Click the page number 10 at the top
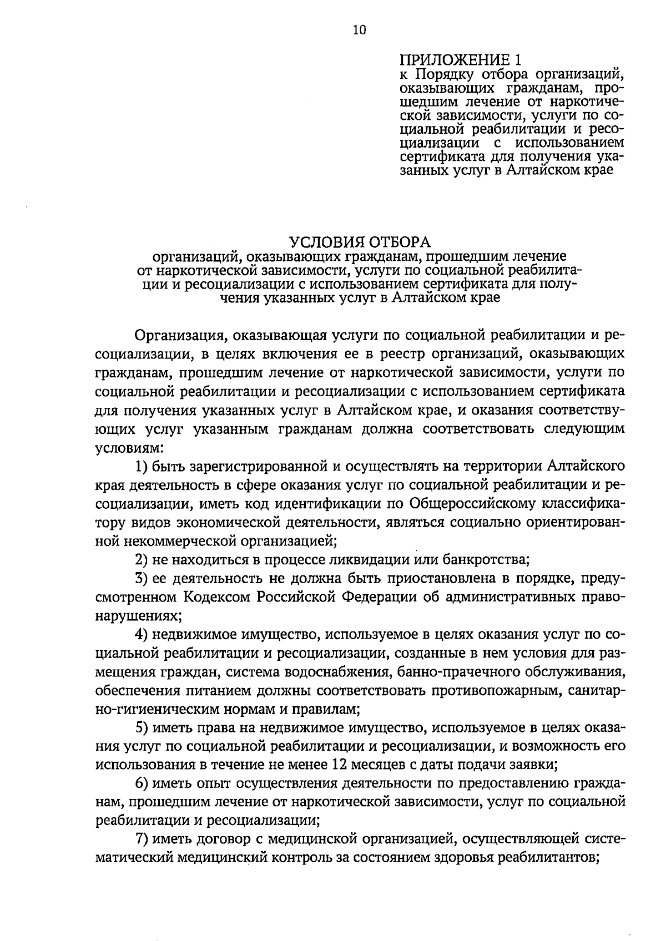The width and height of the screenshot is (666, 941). tap(359, 30)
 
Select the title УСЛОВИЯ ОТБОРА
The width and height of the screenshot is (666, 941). tap(360, 242)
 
